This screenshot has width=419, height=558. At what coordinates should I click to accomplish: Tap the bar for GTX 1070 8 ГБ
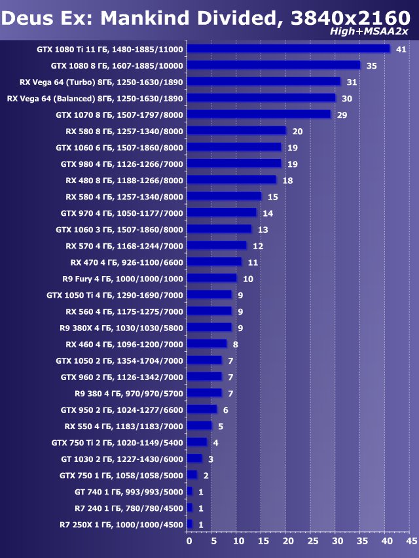(259, 114)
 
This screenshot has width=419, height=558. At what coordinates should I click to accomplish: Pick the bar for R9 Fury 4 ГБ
(211, 278)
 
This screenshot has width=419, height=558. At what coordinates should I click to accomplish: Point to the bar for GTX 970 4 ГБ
(221, 213)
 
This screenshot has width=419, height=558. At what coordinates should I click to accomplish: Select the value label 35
(371, 65)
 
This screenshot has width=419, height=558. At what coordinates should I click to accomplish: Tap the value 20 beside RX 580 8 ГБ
(297, 131)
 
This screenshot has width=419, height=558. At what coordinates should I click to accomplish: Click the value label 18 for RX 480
(287, 180)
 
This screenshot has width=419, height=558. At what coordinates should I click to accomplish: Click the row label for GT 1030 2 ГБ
(121, 459)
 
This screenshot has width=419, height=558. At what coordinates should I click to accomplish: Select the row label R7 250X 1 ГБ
(121, 524)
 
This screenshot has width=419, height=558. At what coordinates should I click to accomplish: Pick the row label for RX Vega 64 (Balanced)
(95, 98)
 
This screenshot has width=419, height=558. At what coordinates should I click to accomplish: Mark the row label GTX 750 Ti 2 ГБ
(117, 442)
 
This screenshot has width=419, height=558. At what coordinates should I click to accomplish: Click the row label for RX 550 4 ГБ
(124, 426)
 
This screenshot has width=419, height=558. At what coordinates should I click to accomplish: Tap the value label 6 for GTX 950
(225, 410)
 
